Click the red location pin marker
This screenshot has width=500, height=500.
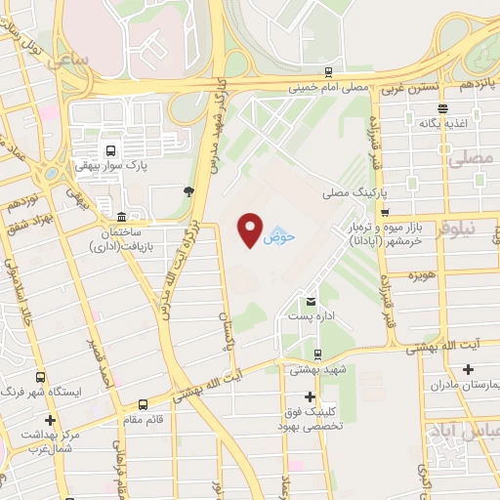tap(251, 228)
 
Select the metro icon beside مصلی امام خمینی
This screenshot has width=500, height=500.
tap(329, 72)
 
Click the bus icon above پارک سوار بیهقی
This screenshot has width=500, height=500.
tap(110, 151)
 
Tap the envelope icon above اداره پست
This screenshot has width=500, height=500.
tap(312, 302)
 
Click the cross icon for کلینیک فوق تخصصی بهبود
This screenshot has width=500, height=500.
tap(310, 396)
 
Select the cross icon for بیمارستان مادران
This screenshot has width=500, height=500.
tap(470, 369)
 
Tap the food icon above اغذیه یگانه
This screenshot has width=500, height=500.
tap(443, 108)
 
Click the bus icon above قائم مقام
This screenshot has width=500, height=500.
tap(145, 402)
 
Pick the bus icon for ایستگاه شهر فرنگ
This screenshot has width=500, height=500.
tap(41, 376)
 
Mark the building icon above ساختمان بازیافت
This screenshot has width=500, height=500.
tap(120, 216)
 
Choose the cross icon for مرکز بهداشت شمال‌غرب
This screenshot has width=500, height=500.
tap(50, 419)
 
